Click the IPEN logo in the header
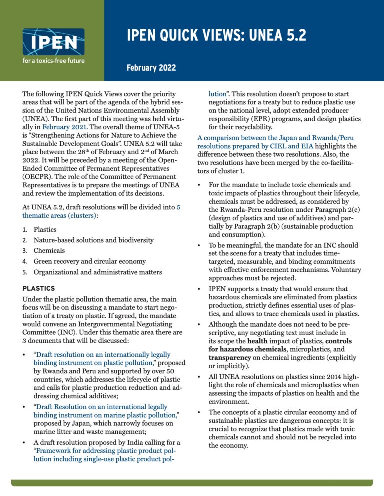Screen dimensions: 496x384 click(53, 42)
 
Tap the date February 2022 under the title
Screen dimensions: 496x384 click(147, 67)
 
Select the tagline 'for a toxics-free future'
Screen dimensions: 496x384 click(53, 61)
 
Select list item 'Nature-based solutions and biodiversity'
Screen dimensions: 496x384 click(93, 240)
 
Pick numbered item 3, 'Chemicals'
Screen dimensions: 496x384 click(49, 250)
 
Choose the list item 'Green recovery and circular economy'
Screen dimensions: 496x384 click(89, 261)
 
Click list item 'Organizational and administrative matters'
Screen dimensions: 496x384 click(97, 272)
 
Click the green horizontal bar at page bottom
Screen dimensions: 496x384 click(191, 482)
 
